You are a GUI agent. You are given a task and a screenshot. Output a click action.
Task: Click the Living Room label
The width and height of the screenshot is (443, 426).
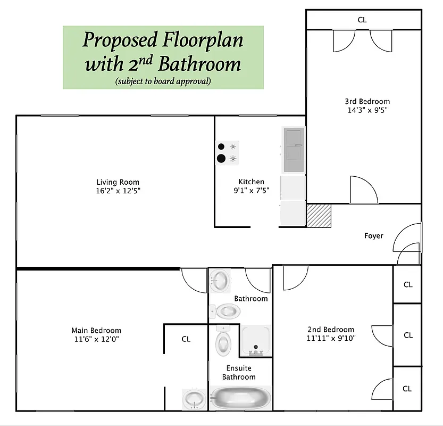pyautogui.click(x=118, y=182)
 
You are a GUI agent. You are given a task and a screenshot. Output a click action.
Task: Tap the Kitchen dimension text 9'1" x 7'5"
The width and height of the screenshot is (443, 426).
pyautogui.click(x=251, y=190)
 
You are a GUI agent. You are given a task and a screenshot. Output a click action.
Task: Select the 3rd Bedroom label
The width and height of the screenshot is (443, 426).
pyautogui.click(x=367, y=102)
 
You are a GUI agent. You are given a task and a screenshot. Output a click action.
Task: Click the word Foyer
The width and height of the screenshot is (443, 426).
pyautogui.click(x=373, y=236)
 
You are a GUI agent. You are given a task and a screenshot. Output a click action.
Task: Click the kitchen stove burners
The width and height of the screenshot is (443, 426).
pyautogui.click(x=227, y=152)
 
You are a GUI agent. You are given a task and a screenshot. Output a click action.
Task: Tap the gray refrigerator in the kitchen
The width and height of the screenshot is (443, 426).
pyautogui.click(x=293, y=150)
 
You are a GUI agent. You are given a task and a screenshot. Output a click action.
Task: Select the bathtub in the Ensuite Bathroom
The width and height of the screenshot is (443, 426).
pyautogui.click(x=240, y=397)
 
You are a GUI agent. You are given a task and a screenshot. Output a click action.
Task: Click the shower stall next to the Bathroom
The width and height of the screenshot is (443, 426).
pyautogui.click(x=256, y=340)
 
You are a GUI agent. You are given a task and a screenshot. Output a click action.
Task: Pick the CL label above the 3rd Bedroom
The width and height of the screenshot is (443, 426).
pyautogui.click(x=362, y=20)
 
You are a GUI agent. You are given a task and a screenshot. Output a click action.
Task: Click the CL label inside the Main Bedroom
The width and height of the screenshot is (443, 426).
pyautogui.click(x=186, y=339)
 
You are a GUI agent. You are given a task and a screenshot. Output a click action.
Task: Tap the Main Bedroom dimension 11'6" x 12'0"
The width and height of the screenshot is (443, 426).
pyautogui.click(x=96, y=339)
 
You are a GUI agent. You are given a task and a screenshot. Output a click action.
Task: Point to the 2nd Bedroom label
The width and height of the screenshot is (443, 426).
pyautogui.click(x=330, y=330)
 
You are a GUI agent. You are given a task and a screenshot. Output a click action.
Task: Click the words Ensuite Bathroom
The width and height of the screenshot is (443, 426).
pyautogui.click(x=239, y=373)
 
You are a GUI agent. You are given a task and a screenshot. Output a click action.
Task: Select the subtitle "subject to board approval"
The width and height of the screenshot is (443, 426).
pyautogui.click(x=163, y=81)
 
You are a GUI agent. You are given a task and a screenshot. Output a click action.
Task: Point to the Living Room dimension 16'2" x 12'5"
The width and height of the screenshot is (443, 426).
pyautogui.click(x=118, y=190)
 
